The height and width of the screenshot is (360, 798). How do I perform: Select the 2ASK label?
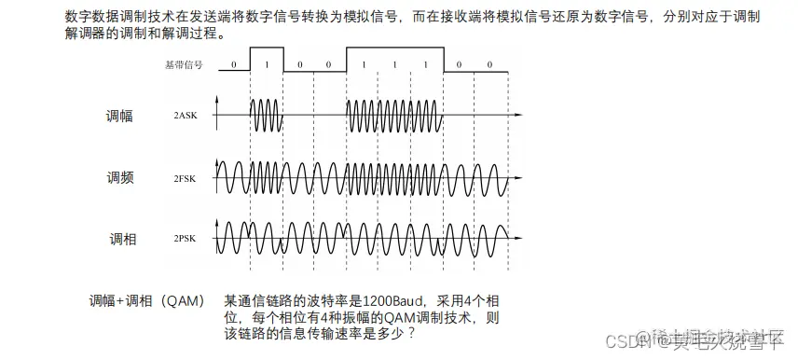pyautogui.click(x=186, y=116)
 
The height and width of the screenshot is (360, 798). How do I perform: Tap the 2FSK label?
pyautogui.click(x=186, y=176)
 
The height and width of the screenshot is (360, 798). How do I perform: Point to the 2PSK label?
pyautogui.click(x=186, y=239)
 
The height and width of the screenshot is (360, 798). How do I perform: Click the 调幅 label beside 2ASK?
pyautogui.click(x=120, y=116)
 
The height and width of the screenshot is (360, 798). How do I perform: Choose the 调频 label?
pyautogui.click(x=120, y=176)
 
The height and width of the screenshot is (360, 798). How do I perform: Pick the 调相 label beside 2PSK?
pyautogui.click(x=120, y=239)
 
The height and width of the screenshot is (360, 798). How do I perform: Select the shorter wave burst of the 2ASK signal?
pyautogui.click(x=266, y=116)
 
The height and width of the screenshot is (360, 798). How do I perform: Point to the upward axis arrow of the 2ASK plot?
pyautogui.click(x=217, y=99)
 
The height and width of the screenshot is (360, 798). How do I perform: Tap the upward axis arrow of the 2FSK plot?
pyautogui.click(x=217, y=160)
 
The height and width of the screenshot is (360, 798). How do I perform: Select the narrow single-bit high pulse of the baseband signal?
pyautogui.click(x=266, y=51)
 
